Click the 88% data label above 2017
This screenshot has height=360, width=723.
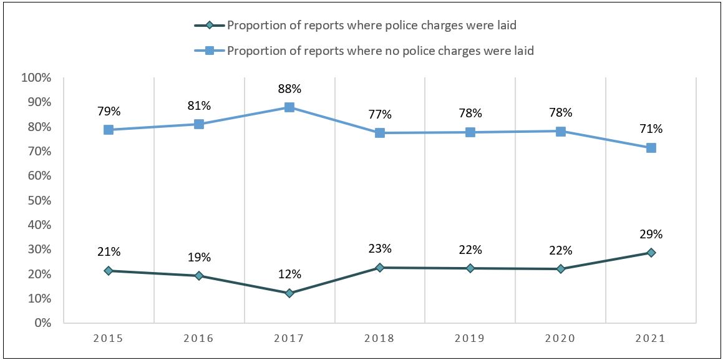pyautogui.click(x=289, y=89)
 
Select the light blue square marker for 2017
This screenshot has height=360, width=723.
pyautogui.click(x=289, y=107)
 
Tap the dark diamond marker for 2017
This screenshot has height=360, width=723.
pyautogui.click(x=289, y=293)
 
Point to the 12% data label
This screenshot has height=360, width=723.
pyautogui.click(x=289, y=274)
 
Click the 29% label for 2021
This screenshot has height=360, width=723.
pyautogui.click(x=651, y=235)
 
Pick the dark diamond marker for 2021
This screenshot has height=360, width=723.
pyautogui.click(x=651, y=253)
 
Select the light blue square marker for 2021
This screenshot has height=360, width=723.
pyautogui.click(x=651, y=148)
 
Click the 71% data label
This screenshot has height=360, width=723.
pyautogui.click(x=651, y=129)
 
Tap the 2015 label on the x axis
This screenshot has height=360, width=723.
pyautogui.click(x=109, y=339)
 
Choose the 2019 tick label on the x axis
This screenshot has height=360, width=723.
pyautogui.click(x=470, y=339)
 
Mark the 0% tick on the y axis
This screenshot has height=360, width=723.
pyautogui.click(x=41, y=323)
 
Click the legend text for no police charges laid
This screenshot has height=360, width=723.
pyautogui.click(x=381, y=51)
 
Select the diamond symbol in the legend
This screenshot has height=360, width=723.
pyautogui.click(x=210, y=26)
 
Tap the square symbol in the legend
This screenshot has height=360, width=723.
pyautogui.click(x=210, y=51)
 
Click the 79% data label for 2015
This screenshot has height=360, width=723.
pyautogui.click(x=109, y=112)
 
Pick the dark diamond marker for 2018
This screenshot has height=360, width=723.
pyautogui.click(x=379, y=268)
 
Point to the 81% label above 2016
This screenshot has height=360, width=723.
pyautogui.click(x=199, y=106)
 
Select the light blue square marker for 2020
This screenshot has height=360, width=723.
pyautogui.click(x=560, y=132)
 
